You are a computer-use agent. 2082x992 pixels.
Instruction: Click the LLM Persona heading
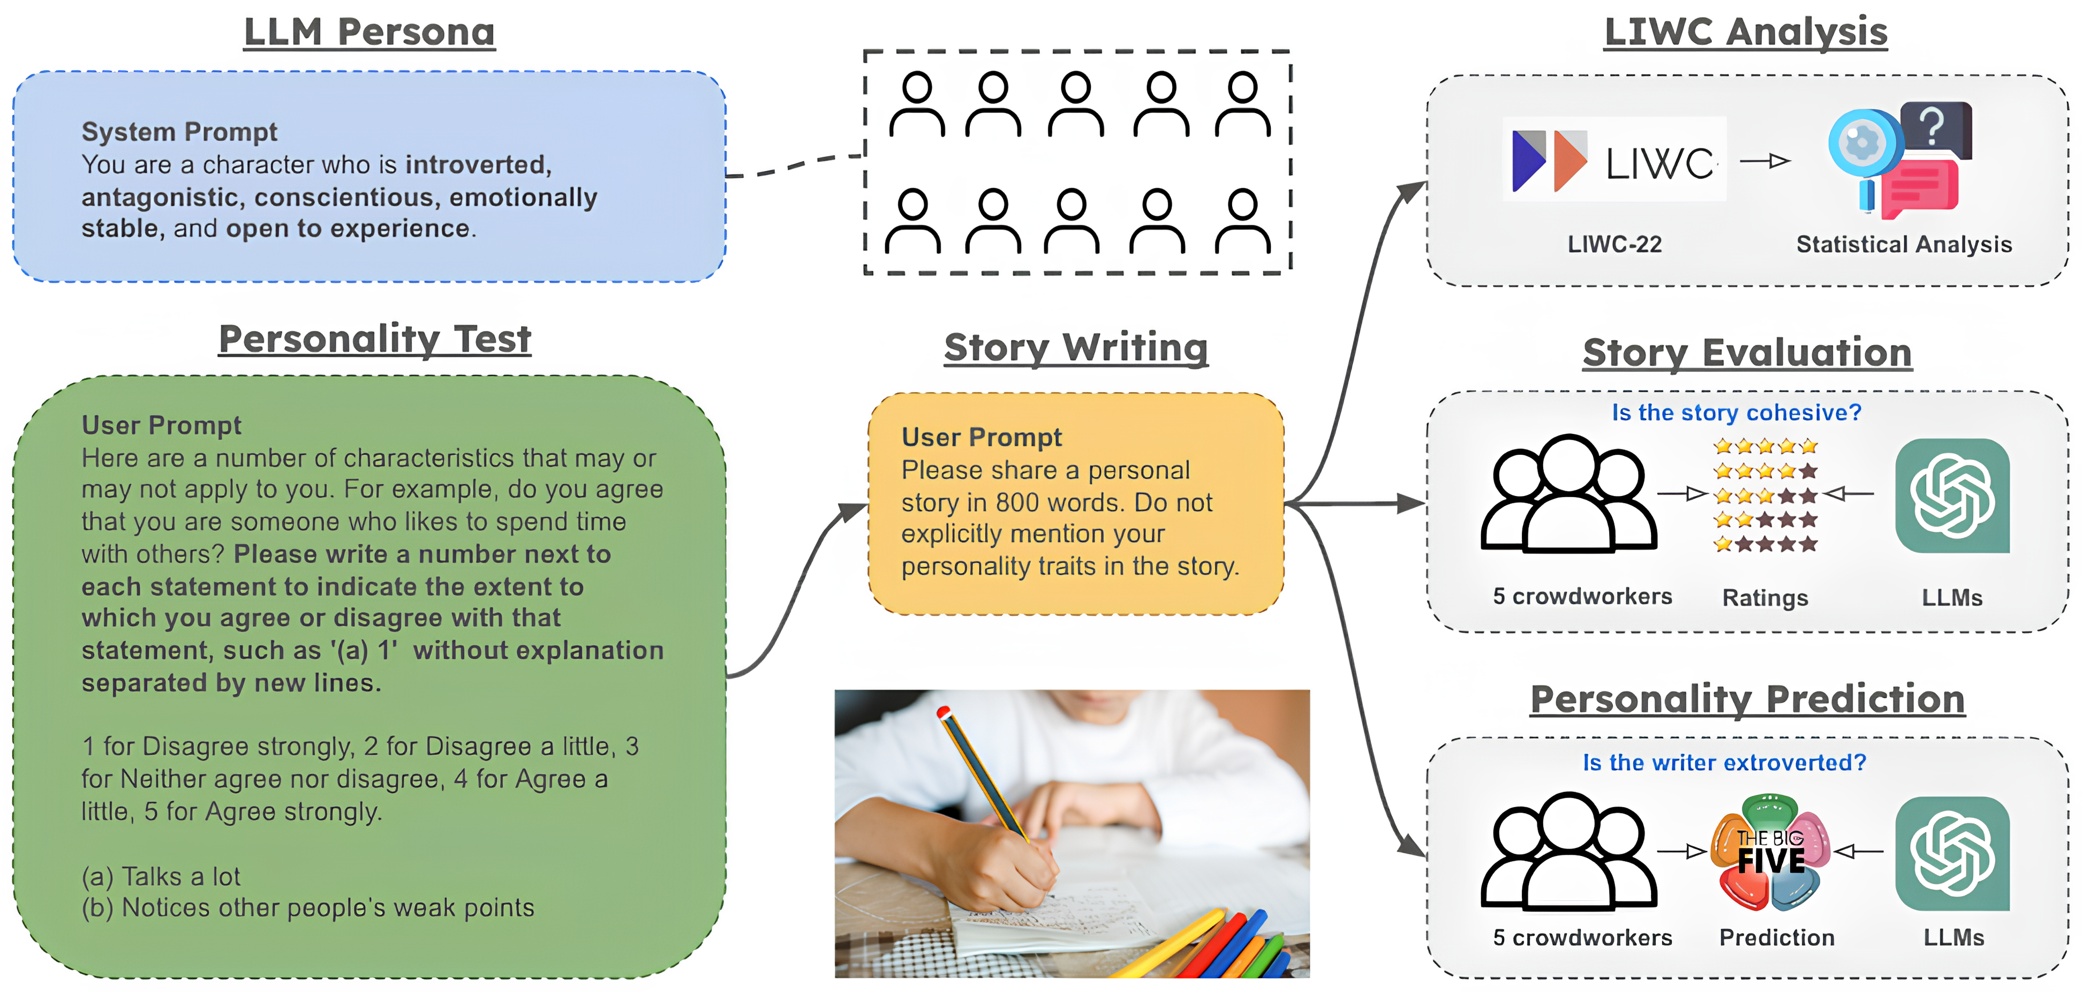click(369, 32)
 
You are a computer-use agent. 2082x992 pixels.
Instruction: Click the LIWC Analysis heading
click(1746, 32)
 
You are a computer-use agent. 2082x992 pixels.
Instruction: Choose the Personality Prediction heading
click(1747, 700)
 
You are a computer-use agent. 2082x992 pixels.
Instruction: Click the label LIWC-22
click(1614, 244)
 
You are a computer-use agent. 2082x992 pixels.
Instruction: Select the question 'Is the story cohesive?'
click(1736, 413)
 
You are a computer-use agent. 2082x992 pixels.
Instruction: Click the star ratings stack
click(1765, 495)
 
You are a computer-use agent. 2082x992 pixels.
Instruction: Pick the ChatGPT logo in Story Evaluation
click(1952, 495)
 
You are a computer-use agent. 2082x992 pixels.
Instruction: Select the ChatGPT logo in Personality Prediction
click(1952, 854)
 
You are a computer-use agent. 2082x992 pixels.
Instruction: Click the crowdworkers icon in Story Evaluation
click(1568, 495)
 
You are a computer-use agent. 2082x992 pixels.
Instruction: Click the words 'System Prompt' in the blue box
click(179, 132)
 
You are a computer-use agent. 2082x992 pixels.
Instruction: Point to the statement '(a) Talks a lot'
click(161, 876)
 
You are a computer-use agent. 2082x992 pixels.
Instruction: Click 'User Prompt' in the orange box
click(981, 438)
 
